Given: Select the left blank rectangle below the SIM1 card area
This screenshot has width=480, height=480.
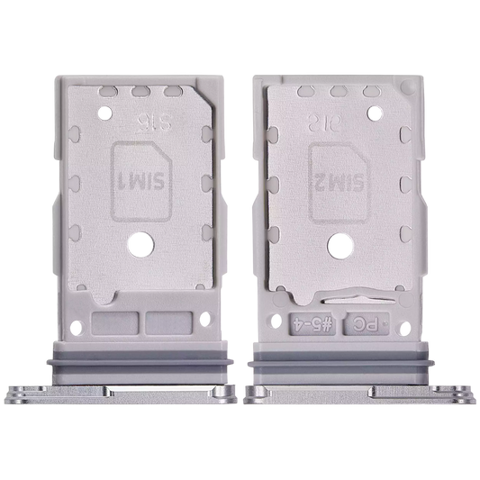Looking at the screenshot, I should pyautogui.click(x=118, y=320).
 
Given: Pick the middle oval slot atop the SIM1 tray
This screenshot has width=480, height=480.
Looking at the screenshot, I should pyautogui.click(x=140, y=91).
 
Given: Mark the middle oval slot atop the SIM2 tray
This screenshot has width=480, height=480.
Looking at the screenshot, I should pyautogui.click(x=338, y=91).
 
